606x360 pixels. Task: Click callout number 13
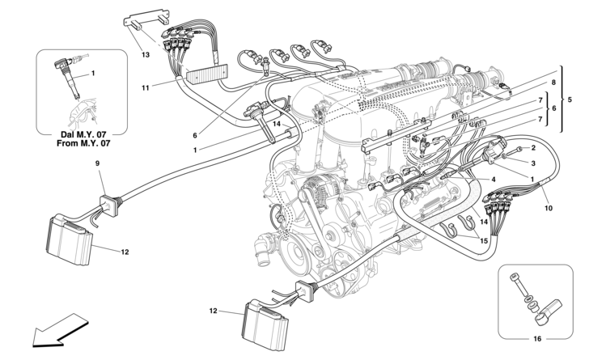click(145, 55)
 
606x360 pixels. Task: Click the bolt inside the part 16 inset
click(517, 283)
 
